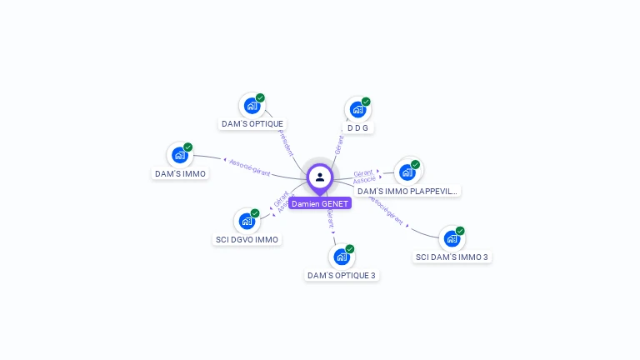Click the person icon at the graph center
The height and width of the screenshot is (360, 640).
pyautogui.click(x=320, y=177)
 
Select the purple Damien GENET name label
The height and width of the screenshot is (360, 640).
pyautogui.click(x=320, y=203)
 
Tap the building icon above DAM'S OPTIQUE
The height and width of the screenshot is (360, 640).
pyautogui.click(x=252, y=106)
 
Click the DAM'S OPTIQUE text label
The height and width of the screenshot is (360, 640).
pyautogui.click(x=252, y=124)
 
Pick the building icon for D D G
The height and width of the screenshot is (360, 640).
pyautogui.click(x=357, y=109)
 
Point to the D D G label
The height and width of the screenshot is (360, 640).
pyautogui.click(x=357, y=128)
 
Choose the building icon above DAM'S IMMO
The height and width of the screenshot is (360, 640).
pyautogui.click(x=179, y=155)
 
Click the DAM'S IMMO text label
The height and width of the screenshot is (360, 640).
pyautogui.click(x=180, y=173)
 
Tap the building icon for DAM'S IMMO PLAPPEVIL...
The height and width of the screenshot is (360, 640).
pyautogui.click(x=407, y=172)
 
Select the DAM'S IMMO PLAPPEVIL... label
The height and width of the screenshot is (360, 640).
pyautogui.click(x=407, y=191)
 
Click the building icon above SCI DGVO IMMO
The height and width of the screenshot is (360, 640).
pyautogui.click(x=247, y=221)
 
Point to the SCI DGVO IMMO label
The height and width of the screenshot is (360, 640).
pyautogui.click(x=247, y=240)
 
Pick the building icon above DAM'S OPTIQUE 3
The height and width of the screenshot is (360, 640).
pyautogui.click(x=341, y=257)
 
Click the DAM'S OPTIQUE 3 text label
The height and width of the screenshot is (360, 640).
pyautogui.click(x=342, y=275)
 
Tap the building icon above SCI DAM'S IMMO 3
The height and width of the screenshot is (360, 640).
pyautogui.click(x=452, y=238)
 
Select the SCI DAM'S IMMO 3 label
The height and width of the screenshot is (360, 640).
pyautogui.click(x=452, y=257)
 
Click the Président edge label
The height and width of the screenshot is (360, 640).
pyautogui.click(x=286, y=142)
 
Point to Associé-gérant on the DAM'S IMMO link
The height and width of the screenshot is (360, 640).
pyautogui.click(x=249, y=166)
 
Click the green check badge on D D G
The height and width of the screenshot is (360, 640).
pyautogui.click(x=366, y=102)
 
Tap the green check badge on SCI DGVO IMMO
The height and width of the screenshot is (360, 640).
pyautogui.click(x=255, y=213)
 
